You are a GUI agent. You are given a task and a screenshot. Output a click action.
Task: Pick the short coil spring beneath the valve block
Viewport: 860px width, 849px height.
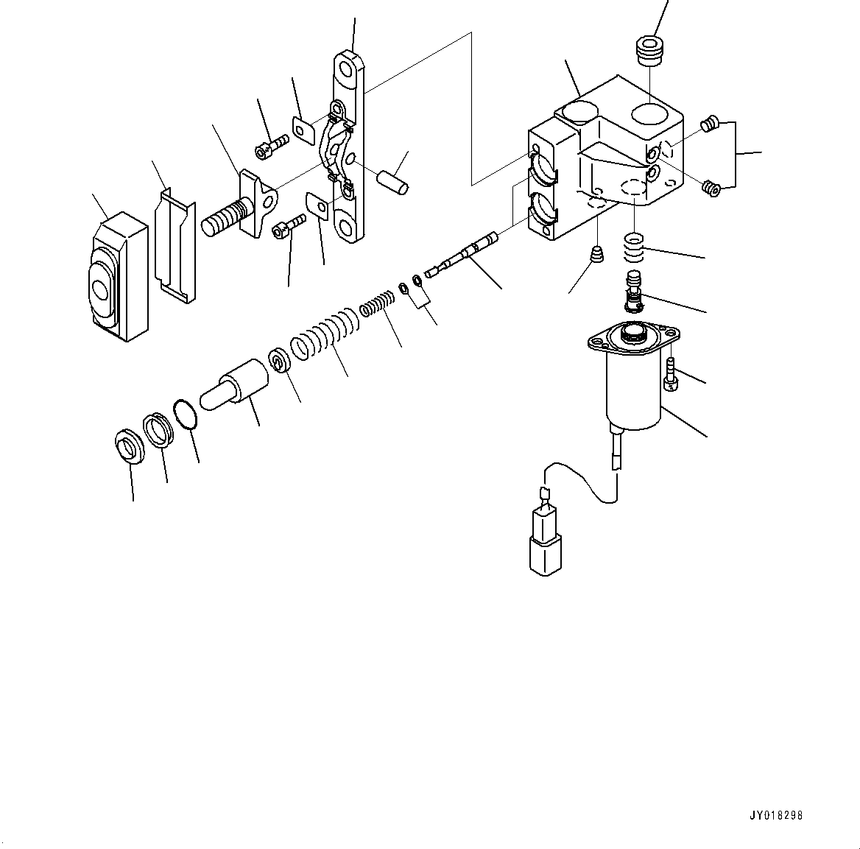634,247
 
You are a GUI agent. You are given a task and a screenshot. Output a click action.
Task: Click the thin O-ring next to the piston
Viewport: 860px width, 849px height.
186,415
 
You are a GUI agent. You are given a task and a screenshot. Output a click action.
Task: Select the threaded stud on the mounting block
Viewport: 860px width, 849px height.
223,218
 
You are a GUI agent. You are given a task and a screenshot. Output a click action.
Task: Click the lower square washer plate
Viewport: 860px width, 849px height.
318,205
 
